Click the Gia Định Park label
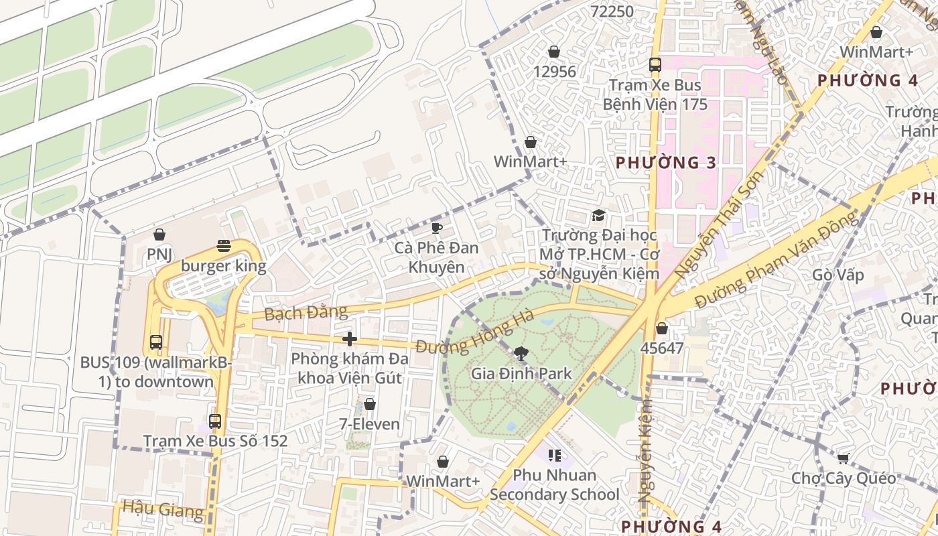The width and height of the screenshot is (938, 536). point(521,374)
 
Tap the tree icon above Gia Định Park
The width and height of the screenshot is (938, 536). point(521,354)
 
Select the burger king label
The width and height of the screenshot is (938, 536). point(223,266)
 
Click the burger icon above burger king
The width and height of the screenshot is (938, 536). point(224,246)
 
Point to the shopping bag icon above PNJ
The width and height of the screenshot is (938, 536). point(159,234)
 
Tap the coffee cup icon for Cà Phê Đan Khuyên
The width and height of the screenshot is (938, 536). point(436,228)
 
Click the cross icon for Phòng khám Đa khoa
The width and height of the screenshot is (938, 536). point(349,339)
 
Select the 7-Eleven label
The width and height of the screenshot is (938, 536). point(369,424)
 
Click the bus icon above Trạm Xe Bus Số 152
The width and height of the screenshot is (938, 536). point(215,421)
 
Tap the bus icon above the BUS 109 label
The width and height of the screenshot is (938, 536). point(156,342)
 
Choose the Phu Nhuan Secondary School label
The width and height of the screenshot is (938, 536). point(554,485)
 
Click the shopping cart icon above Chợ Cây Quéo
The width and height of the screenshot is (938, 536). point(843,458)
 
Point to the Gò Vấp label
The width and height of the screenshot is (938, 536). point(837,275)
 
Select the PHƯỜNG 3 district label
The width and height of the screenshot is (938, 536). point(666,163)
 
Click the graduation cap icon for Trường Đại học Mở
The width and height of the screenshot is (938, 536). point(598,215)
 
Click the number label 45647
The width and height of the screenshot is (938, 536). point(661,348)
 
